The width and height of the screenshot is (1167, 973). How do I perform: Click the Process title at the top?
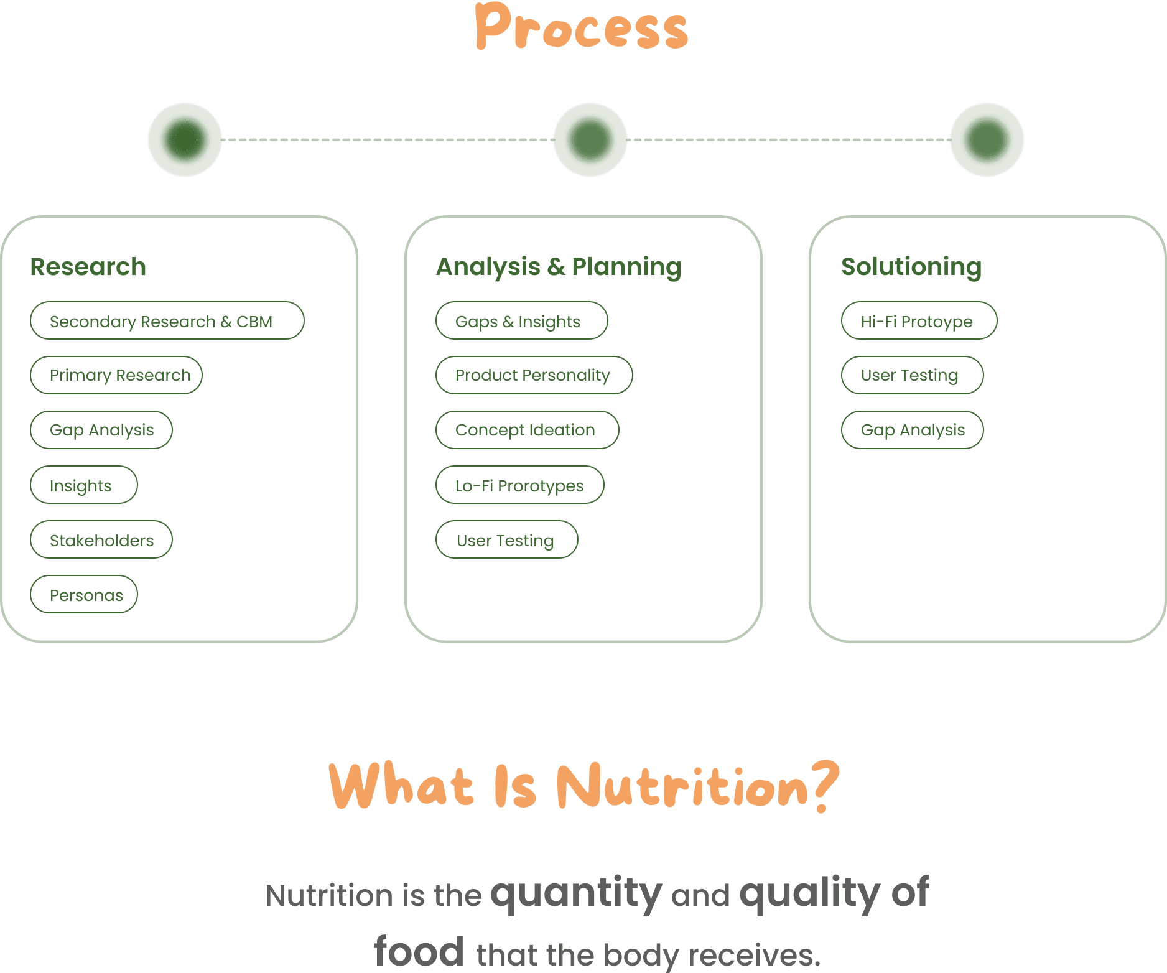[582, 27]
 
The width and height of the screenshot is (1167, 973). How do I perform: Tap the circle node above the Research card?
[185, 139]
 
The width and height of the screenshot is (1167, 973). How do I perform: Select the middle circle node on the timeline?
[590, 139]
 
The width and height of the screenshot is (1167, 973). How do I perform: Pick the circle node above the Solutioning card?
[987, 139]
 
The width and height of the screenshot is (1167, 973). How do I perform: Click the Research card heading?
[88, 267]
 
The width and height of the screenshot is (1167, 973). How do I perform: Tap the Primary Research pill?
[116, 375]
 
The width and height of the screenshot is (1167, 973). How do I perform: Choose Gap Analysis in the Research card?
[101, 430]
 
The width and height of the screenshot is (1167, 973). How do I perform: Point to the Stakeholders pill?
[101, 539]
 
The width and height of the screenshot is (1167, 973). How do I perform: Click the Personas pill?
[84, 594]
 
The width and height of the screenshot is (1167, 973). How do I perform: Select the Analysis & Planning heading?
[559, 267]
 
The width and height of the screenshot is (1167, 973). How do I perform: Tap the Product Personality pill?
[534, 375]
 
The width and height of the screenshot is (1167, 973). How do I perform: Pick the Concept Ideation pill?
[527, 430]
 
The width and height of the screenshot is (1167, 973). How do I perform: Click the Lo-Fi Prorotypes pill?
[519, 485]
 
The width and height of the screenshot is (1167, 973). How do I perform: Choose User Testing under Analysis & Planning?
[506, 539]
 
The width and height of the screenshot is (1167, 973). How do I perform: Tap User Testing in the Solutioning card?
[912, 375]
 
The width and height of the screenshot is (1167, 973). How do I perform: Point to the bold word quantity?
[576, 893]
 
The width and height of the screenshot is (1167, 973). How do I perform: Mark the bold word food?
[419, 952]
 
